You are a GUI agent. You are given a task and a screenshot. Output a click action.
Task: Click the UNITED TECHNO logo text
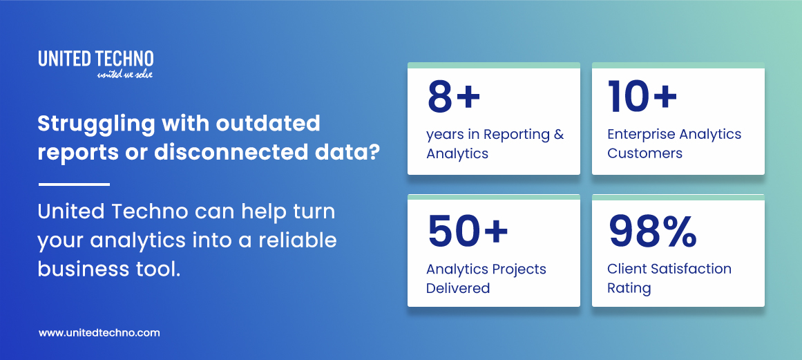click(x=96, y=59)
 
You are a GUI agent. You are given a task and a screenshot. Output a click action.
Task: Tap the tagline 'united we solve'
click(x=125, y=74)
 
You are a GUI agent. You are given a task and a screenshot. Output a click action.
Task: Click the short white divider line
click(x=74, y=184)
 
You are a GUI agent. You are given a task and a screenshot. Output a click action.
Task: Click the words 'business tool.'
click(x=109, y=269)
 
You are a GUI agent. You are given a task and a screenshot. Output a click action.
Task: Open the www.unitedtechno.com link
click(x=99, y=332)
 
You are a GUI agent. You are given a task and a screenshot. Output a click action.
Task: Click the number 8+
click(x=453, y=97)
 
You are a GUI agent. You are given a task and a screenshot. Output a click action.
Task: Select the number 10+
click(x=642, y=97)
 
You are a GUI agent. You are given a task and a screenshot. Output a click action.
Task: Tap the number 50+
click(x=467, y=231)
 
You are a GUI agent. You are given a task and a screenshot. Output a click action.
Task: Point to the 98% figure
click(x=652, y=231)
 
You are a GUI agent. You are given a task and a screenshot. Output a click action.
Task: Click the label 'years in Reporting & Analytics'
click(x=495, y=144)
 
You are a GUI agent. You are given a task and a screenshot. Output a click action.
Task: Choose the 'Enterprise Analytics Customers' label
click(x=674, y=144)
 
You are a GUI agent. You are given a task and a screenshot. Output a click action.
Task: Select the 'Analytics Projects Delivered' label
click(x=486, y=278)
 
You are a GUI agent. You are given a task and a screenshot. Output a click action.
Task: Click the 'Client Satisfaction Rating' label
click(x=669, y=278)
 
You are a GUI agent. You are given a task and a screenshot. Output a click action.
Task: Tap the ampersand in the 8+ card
click(x=558, y=135)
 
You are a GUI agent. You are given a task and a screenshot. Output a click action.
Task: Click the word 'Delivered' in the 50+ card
click(x=457, y=288)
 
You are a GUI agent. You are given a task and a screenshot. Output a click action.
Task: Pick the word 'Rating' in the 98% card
click(x=629, y=288)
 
